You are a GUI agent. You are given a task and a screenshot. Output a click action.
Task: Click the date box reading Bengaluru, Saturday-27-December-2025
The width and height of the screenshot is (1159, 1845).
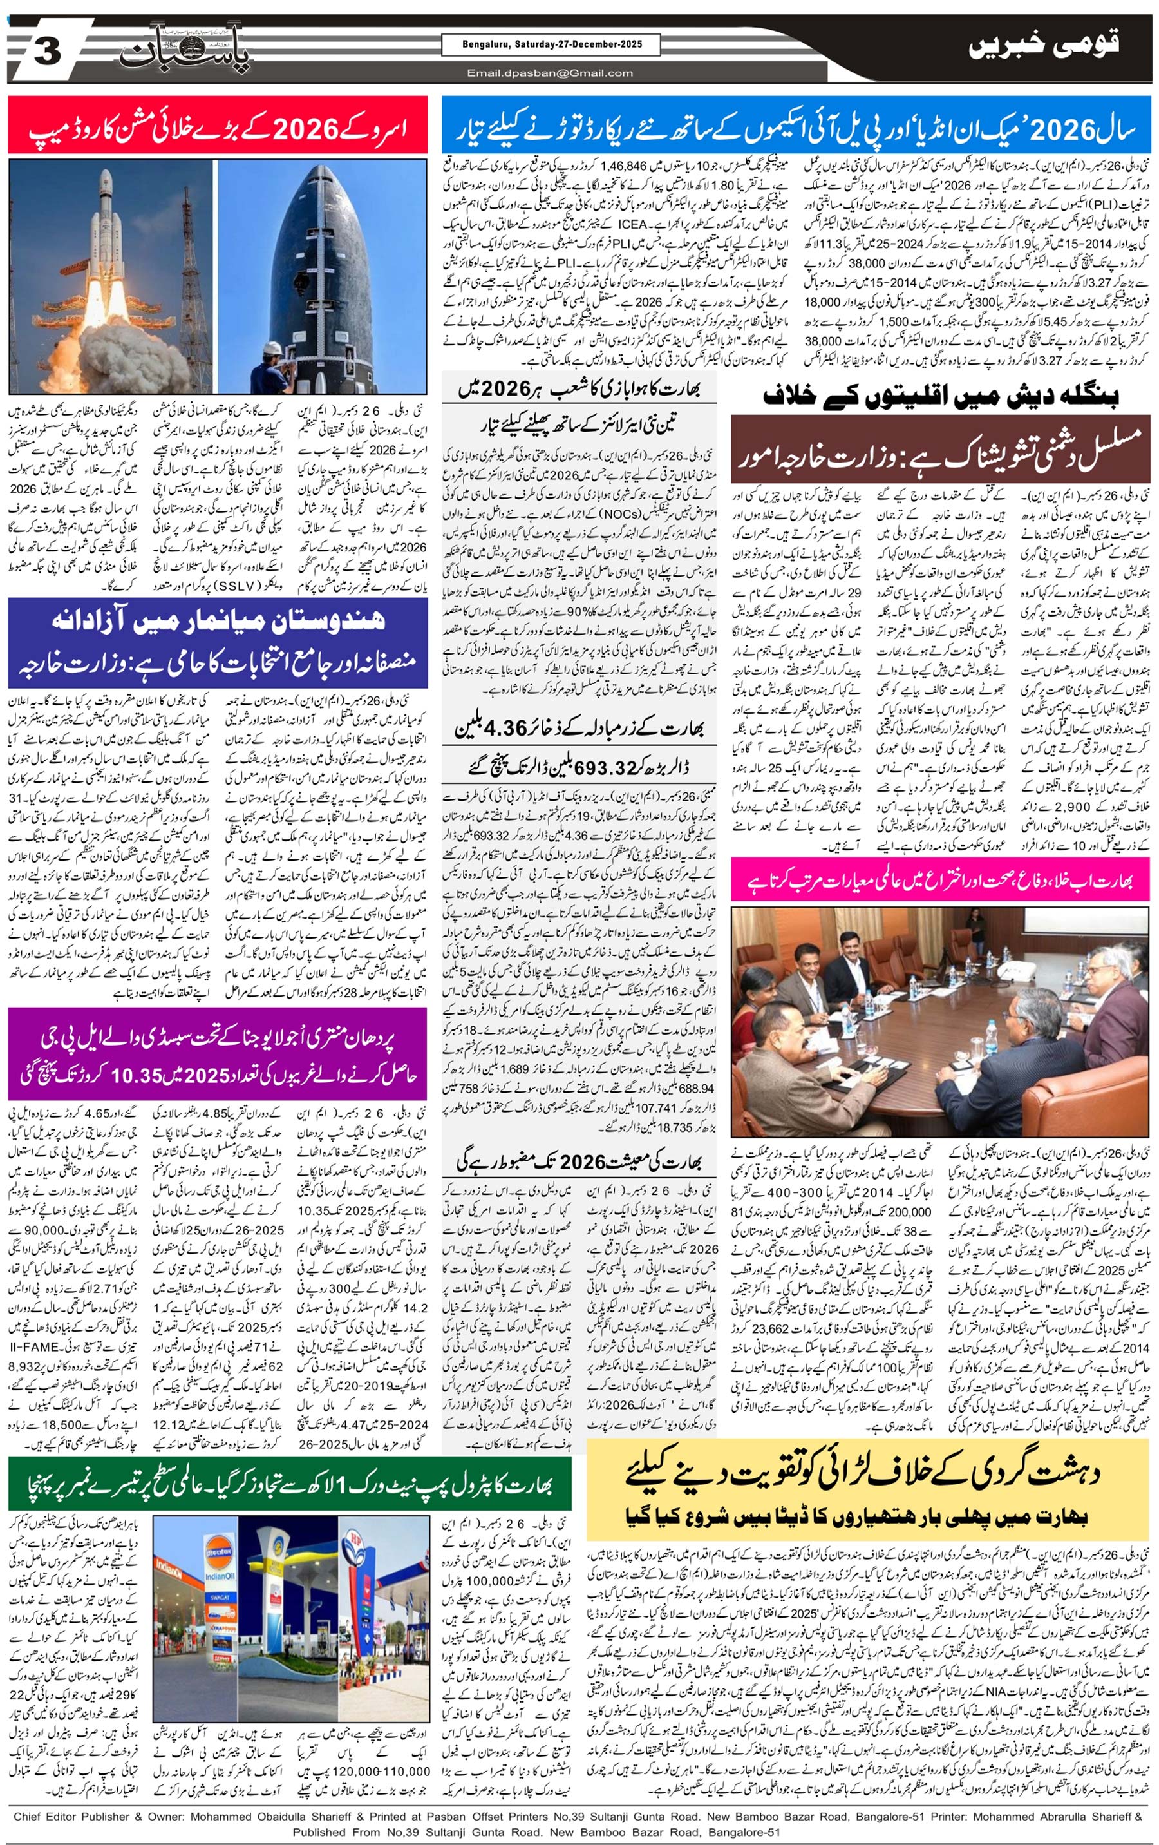(551, 44)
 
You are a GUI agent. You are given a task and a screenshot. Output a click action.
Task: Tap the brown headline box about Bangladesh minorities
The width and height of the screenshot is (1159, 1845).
(940, 449)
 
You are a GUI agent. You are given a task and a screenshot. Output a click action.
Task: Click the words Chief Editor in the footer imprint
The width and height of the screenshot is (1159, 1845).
(48, 1816)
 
